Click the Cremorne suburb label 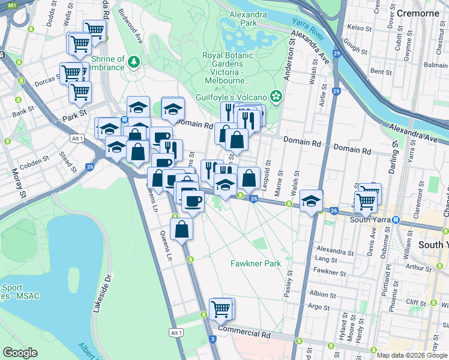(x=418, y=13)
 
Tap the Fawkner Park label (x=256, y=263)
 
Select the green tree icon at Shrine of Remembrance (x=133, y=61)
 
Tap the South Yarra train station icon (x=396, y=219)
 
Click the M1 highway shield (x=13, y=4)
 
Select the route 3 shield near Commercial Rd (x=213, y=340)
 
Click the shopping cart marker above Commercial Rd (x=220, y=309)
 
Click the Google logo (x=20, y=353)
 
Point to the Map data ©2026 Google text (x=411, y=355)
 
